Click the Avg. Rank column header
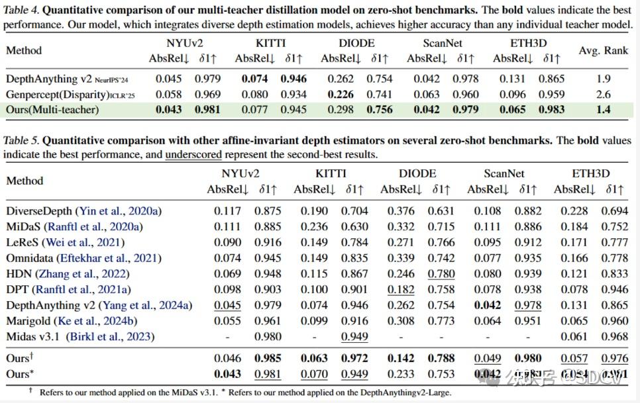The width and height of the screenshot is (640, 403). point(602,51)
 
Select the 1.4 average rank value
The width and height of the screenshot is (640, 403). point(603,109)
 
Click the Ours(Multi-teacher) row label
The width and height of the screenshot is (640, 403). point(52,109)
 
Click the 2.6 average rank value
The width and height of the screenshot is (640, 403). point(603,94)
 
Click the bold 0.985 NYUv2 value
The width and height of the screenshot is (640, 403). point(268,359)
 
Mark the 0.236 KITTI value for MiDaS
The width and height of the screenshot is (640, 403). point(312,227)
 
